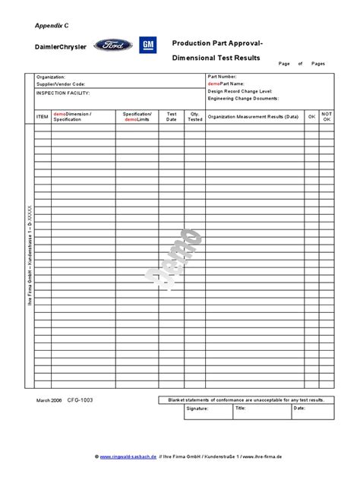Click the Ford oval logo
point(113,46)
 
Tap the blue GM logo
point(148,46)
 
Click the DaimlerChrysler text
point(61,47)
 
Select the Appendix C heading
point(52,25)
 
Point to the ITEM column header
point(42,116)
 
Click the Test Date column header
point(172,116)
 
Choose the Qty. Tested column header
point(195,116)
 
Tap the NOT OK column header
point(327,116)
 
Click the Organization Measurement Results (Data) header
point(254,116)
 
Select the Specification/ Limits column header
point(137,116)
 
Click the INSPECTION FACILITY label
point(63,93)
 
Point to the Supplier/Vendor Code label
point(61,84)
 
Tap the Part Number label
point(223,77)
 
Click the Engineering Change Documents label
point(243,99)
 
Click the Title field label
point(240,408)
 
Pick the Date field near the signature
point(299,408)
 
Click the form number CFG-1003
point(81,399)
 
